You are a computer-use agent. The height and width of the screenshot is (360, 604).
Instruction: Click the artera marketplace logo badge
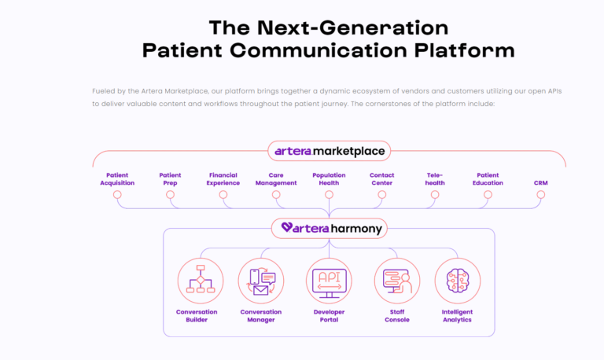[329, 151]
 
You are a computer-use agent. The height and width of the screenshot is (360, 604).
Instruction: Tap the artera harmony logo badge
[329, 228]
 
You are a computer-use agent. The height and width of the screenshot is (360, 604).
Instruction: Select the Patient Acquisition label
[117, 179]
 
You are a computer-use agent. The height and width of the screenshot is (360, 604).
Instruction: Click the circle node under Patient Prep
[170, 195]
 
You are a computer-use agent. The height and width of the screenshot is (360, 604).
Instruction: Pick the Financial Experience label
[223, 179]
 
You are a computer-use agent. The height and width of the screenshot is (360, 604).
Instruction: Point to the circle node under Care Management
[276, 195]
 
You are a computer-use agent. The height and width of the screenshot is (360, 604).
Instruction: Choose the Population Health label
[329, 179]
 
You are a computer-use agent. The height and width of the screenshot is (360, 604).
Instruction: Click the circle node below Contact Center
[382, 195]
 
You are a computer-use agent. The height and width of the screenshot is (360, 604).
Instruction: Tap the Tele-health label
[435, 179]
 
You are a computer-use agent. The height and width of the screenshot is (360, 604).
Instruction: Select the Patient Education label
[488, 179]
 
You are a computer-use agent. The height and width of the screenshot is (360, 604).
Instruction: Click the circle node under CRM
[541, 195]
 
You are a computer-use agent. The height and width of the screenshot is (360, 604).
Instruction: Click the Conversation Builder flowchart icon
[201, 281]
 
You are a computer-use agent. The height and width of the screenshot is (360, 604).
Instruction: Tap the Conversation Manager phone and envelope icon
[261, 281]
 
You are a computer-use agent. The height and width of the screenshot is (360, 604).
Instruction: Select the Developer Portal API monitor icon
[329, 281]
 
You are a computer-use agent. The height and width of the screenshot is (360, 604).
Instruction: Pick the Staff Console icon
[397, 281]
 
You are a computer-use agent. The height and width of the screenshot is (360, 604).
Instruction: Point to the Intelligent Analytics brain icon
[458, 281]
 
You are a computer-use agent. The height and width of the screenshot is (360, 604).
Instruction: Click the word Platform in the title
[465, 50]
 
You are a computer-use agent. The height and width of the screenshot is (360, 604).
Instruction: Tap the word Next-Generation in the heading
[352, 28]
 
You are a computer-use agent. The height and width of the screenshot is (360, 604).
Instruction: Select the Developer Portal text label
[329, 316]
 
